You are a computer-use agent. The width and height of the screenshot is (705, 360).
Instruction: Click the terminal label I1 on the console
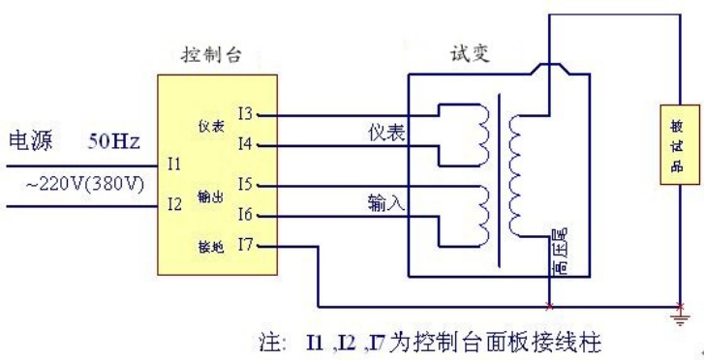173,165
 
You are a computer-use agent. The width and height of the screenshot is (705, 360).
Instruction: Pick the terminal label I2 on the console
173,204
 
